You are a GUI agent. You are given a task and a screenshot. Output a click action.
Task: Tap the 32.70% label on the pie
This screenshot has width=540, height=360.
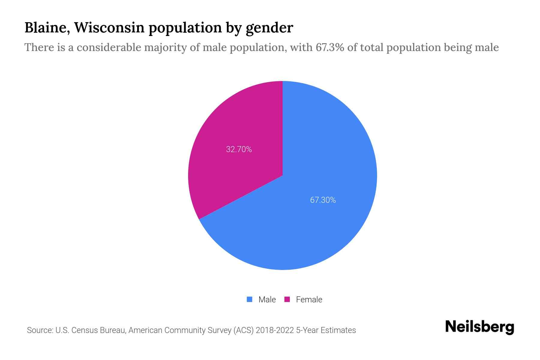pos(239,149)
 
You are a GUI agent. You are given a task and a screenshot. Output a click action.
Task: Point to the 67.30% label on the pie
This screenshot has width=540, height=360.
pos(323,200)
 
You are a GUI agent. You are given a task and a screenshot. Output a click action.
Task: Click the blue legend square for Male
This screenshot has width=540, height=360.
pos(249,299)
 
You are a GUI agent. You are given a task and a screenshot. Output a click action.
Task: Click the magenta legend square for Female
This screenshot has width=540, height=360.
pos(287,299)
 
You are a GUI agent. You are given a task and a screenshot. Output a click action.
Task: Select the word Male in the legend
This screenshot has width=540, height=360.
pos(267,300)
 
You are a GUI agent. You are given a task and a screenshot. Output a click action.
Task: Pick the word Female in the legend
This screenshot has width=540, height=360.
pos(309,300)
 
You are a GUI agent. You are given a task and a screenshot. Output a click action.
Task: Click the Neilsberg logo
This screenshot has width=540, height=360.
pos(479,327)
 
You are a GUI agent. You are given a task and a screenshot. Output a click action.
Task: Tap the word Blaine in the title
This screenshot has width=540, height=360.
pos(47,28)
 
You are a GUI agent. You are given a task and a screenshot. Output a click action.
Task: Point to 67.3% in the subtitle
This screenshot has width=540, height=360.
pos(330,47)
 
